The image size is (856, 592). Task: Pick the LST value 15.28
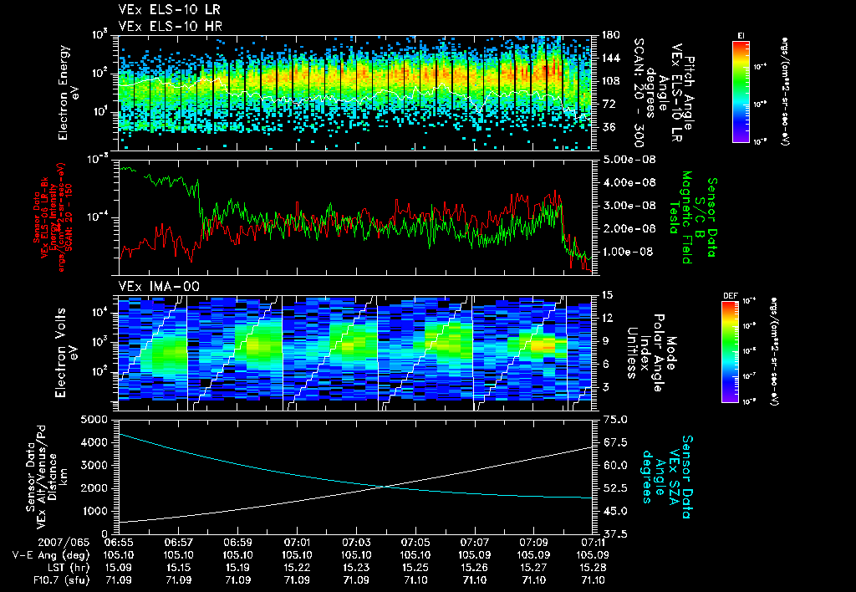click(594, 566)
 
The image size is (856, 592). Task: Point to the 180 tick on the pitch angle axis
click(609, 34)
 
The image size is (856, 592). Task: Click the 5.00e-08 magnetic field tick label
click(621, 159)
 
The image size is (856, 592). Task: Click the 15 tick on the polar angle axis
click(608, 295)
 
